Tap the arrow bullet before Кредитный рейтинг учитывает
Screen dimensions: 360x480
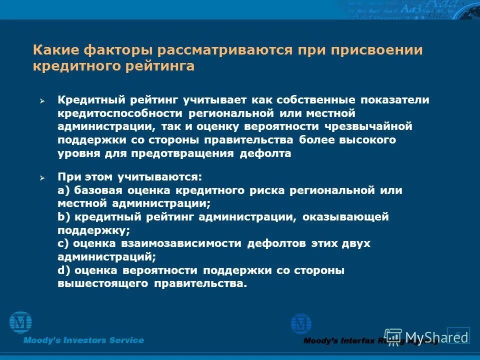[42, 101]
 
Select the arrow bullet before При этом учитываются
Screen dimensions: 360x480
[42, 178]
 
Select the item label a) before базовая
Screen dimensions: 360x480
[63, 190]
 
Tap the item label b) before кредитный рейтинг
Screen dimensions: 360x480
[63, 217]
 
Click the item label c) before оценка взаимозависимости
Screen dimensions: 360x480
[63, 243]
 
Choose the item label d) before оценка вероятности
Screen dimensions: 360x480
[63, 270]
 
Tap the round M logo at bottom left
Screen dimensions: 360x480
[20, 322]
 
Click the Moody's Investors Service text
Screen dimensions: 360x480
[83, 340]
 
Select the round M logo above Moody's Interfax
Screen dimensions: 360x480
[301, 324]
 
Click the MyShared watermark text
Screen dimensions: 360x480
[422, 336]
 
